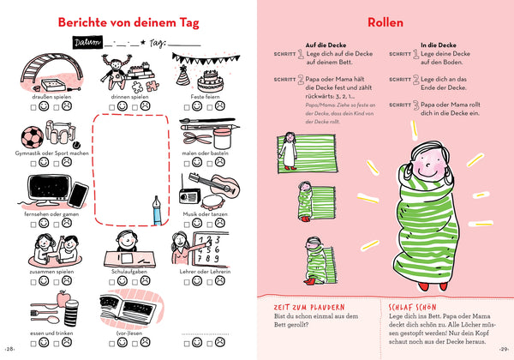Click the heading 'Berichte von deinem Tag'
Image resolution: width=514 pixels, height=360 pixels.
(x=128, y=21)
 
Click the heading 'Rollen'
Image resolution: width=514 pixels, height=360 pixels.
(x=385, y=21)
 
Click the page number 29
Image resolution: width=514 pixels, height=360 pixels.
(x=504, y=350)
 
